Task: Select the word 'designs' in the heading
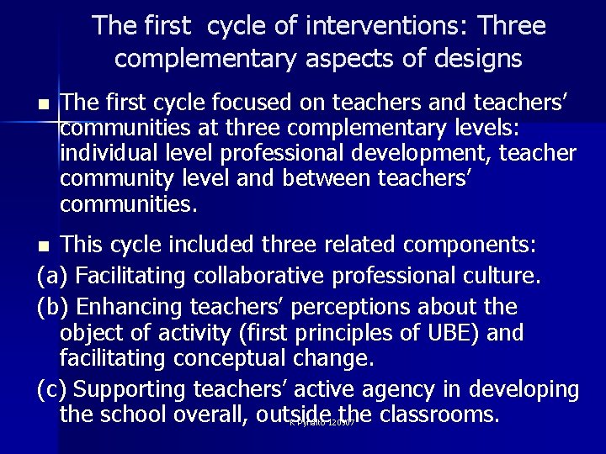[x=477, y=59]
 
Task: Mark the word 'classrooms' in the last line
[x=439, y=415]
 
